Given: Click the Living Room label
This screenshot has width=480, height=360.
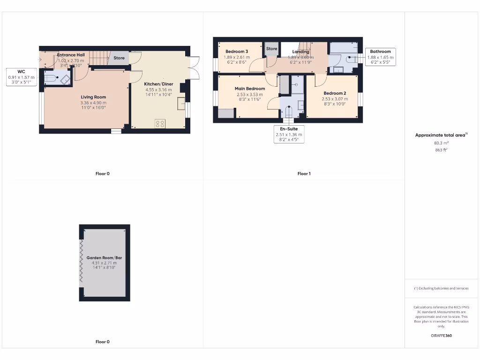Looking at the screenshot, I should [x=93, y=97].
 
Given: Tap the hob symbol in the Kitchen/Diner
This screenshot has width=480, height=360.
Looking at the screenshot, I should [x=160, y=124].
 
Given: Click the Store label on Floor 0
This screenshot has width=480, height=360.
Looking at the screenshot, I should [x=119, y=58].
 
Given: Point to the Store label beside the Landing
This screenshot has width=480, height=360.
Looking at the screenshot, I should [x=271, y=49].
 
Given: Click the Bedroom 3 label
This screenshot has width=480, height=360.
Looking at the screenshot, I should [x=237, y=52].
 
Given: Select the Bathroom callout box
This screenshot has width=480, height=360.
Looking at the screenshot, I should [x=380, y=57].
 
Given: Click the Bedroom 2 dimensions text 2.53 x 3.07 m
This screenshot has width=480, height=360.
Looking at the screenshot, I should [x=335, y=99].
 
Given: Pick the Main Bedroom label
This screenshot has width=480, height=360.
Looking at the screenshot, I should [x=250, y=89].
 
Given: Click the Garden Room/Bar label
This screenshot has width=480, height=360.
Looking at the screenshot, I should [x=104, y=258].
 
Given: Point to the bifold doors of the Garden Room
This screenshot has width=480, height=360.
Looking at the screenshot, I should [x=81, y=262].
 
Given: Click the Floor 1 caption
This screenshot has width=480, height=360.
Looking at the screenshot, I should [x=304, y=173].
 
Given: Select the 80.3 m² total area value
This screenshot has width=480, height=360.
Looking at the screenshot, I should [x=441, y=143].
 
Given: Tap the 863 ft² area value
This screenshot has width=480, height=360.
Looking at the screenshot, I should [x=441, y=150].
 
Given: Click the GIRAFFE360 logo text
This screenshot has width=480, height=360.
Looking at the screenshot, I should [x=441, y=336].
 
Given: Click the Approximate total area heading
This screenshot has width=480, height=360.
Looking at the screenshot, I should [x=441, y=135].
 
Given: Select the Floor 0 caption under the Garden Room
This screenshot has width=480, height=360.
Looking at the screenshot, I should [x=102, y=342].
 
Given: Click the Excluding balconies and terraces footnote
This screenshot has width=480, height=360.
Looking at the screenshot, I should [x=441, y=288].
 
